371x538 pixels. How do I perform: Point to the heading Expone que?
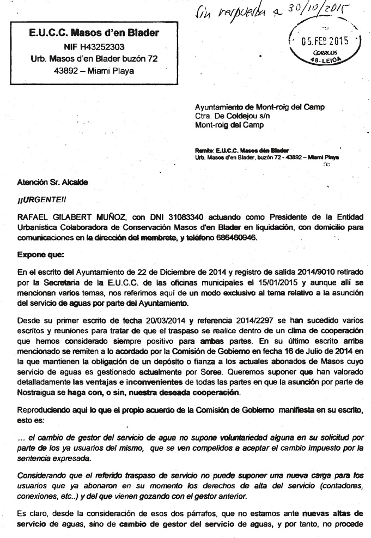click(37, 255)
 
